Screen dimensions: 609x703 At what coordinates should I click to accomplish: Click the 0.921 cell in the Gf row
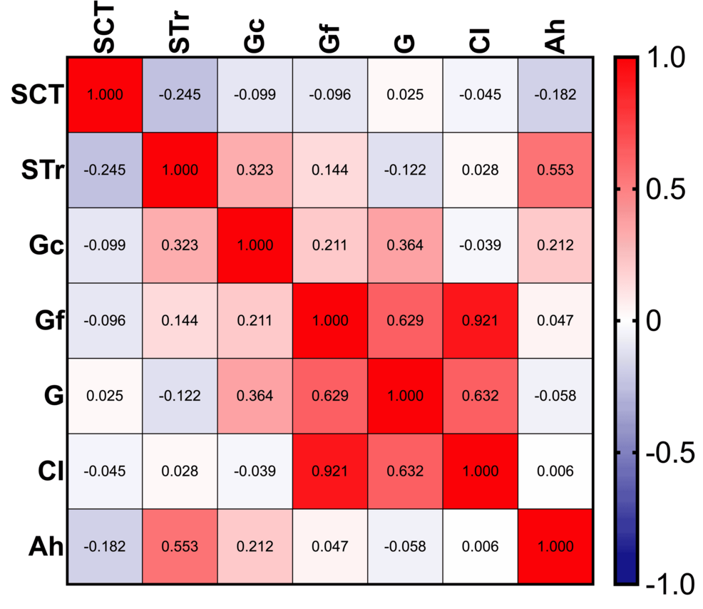480,321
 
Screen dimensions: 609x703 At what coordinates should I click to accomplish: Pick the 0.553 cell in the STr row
555,170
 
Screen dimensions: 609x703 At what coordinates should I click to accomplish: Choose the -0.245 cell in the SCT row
180,95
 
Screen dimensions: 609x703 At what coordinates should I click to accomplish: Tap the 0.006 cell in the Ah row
480,547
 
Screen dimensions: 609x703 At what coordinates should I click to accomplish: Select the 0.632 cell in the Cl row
405,471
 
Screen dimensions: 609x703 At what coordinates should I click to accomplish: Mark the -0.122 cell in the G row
180,396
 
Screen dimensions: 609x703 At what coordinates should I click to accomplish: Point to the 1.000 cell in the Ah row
555,547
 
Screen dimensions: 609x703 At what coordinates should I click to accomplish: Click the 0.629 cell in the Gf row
405,321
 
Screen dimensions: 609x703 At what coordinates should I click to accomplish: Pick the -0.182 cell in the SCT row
555,95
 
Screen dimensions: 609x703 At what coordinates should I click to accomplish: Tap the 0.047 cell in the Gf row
555,321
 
